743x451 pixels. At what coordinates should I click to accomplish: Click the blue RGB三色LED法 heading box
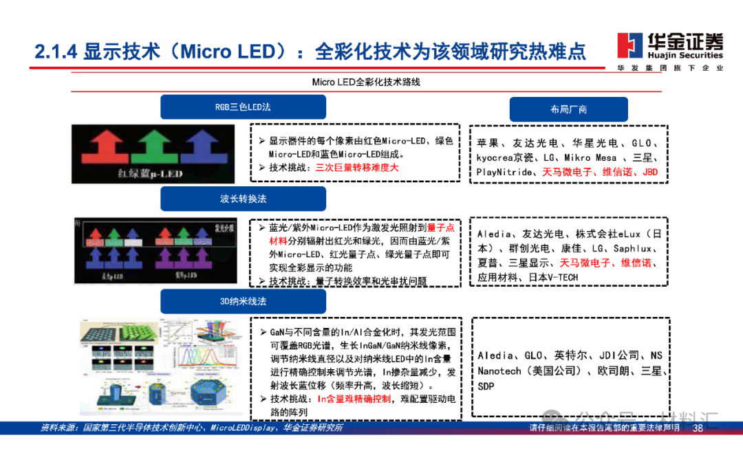coord(243,107)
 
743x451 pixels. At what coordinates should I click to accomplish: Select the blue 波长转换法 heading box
coord(243,199)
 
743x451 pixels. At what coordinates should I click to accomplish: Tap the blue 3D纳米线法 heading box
coord(243,301)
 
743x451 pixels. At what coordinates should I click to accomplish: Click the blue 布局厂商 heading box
coord(568,109)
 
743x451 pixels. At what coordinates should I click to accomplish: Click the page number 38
coord(698,428)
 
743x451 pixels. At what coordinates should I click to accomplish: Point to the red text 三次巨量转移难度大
coord(357,167)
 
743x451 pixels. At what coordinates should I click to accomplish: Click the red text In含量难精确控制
coord(354,399)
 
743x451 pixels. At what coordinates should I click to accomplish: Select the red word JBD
coord(649,172)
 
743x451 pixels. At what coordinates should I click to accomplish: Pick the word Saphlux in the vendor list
coord(632,248)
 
